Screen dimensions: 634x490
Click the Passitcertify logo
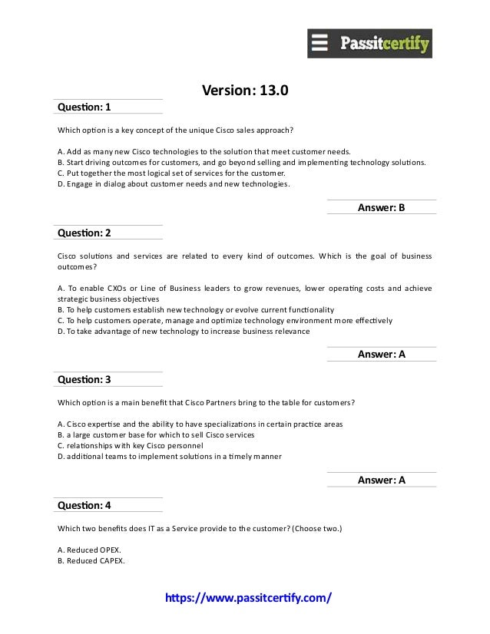tap(369, 44)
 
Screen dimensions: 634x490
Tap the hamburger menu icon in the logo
tap(320, 43)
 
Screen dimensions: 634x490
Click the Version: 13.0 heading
tap(245, 91)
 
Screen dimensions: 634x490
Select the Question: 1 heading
tap(84, 107)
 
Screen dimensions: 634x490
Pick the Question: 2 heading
tap(84, 233)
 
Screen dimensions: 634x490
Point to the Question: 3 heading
tap(84, 379)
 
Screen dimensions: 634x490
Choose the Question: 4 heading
tap(84, 505)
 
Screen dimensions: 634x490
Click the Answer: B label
tap(381, 207)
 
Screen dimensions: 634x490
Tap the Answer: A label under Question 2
tap(381, 354)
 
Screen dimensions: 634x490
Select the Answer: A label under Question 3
tap(381, 480)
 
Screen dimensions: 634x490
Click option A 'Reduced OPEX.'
tap(90, 550)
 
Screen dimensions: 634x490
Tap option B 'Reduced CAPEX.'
tap(91, 560)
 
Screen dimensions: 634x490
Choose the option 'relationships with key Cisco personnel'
tap(131, 445)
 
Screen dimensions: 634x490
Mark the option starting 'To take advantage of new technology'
tap(184, 331)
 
